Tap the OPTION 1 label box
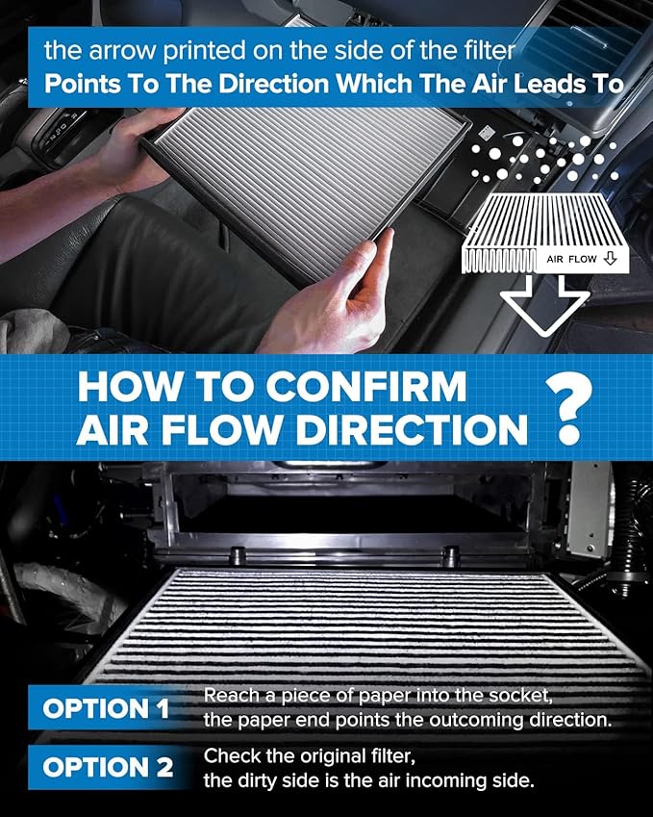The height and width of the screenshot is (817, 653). click(106, 709)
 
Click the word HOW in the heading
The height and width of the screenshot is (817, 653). click(121, 386)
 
